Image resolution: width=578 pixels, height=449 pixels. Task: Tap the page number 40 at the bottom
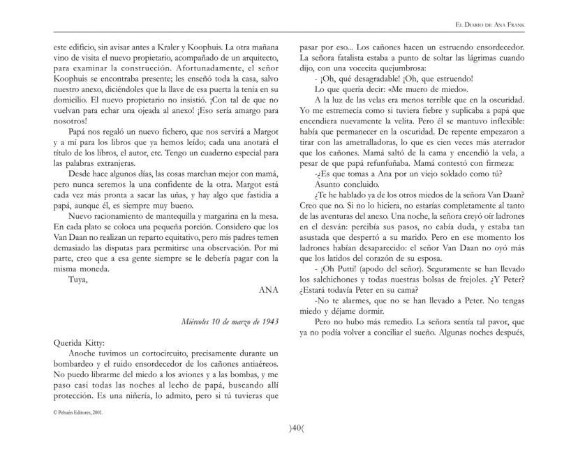click(289, 429)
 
